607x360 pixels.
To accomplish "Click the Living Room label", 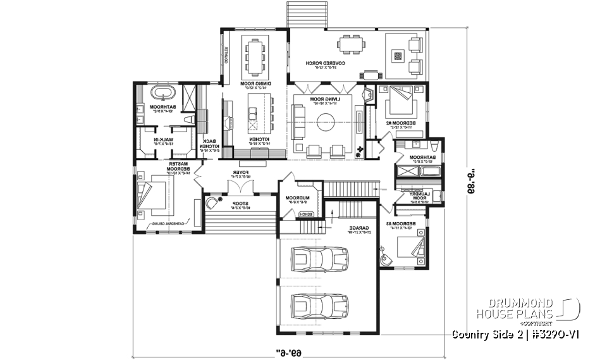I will (324, 100).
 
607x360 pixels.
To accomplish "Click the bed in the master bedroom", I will (154, 191).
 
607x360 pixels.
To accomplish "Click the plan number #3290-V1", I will (557, 333).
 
